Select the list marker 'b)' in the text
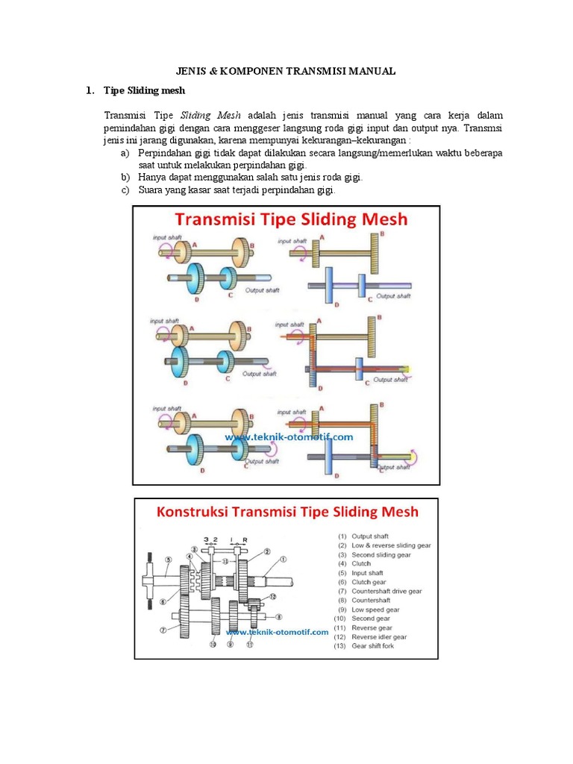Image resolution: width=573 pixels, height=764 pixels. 125,178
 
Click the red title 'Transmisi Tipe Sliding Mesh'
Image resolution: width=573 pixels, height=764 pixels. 291,219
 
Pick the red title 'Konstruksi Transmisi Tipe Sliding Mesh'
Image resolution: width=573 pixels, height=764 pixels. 286,512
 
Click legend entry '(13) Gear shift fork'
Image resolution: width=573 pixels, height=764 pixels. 365,646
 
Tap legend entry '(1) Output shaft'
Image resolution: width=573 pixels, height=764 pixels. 363,536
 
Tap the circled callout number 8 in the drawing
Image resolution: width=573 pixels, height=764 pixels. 278,616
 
